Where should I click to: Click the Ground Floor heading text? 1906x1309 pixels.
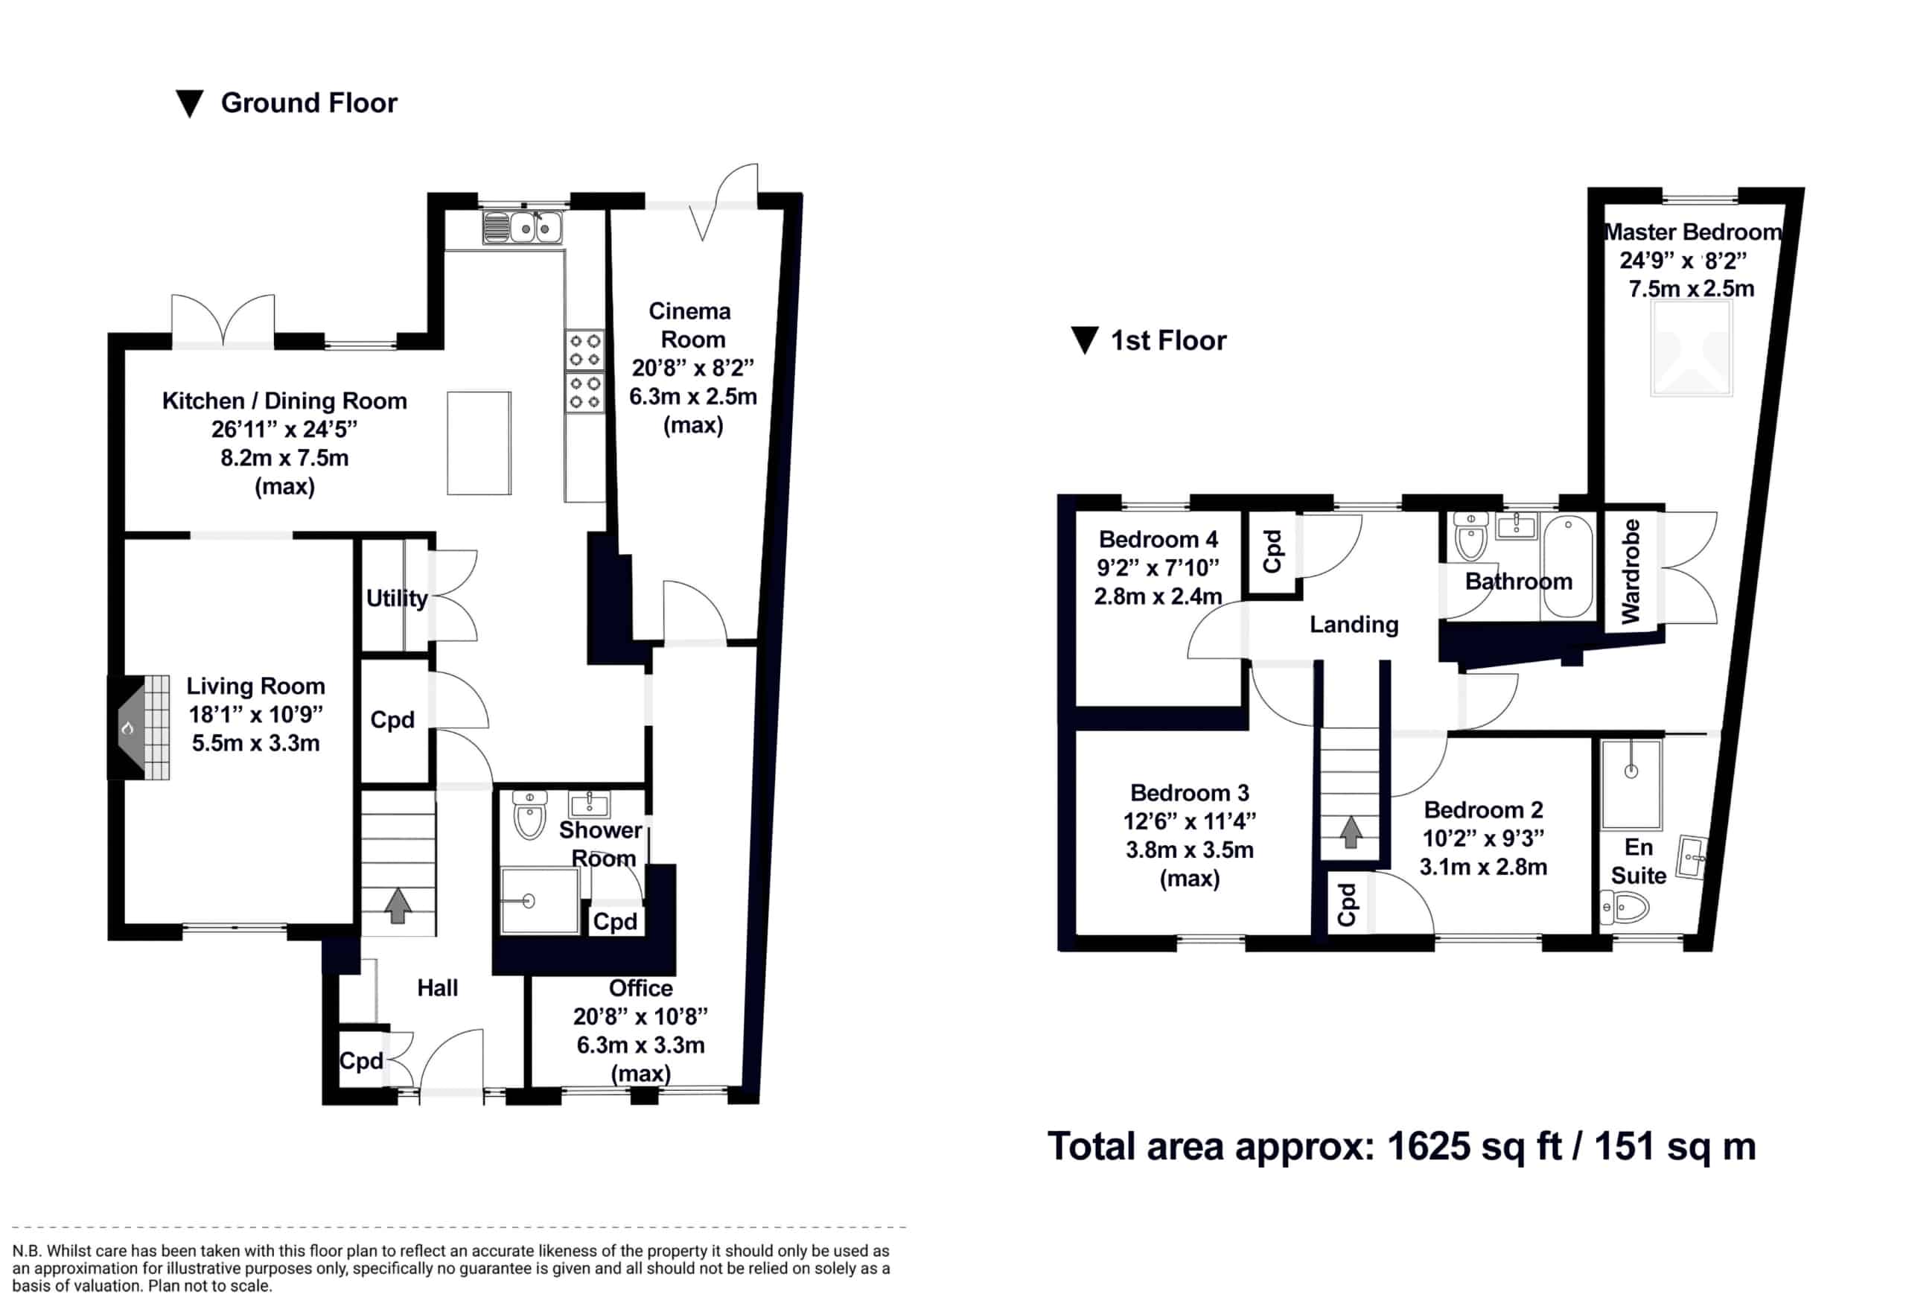(309, 103)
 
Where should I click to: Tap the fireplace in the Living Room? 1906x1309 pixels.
(138, 727)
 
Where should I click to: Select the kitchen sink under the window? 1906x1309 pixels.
(523, 227)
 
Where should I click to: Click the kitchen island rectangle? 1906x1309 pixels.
(479, 443)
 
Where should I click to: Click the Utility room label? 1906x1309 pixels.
(397, 598)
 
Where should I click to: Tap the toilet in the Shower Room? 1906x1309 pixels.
(530, 815)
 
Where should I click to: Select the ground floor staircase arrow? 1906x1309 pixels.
(398, 905)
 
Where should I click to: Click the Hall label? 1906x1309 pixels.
(437, 987)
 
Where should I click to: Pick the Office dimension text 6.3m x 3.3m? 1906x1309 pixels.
(640, 1045)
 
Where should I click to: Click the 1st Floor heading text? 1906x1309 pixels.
(1168, 340)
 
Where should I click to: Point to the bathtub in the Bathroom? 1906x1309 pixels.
(1566, 566)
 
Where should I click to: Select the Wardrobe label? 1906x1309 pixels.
(1631, 571)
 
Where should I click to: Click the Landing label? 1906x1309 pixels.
(1354, 625)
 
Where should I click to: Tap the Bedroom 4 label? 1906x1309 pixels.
(1158, 540)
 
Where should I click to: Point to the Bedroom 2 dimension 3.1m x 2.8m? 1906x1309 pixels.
(1484, 867)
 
